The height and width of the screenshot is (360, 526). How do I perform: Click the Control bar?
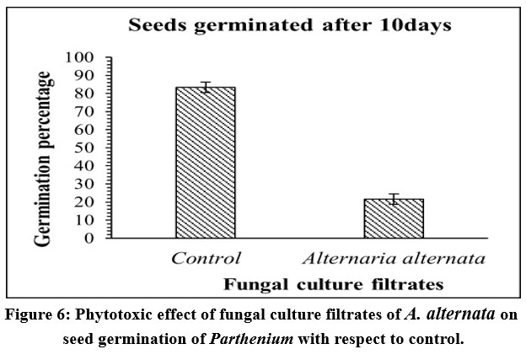205,163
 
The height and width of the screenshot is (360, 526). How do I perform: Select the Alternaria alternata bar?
394,218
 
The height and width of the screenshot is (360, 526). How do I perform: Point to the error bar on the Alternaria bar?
394,199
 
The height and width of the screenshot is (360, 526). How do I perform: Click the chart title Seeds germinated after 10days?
289,25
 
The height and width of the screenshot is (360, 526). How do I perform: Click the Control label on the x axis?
206,258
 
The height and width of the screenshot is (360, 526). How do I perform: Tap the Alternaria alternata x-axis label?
394,258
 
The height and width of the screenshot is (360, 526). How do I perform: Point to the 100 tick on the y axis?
83,58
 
